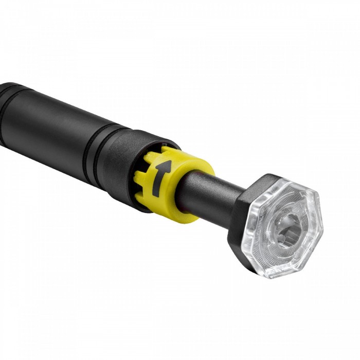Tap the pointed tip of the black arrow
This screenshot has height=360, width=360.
pos(166,163)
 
